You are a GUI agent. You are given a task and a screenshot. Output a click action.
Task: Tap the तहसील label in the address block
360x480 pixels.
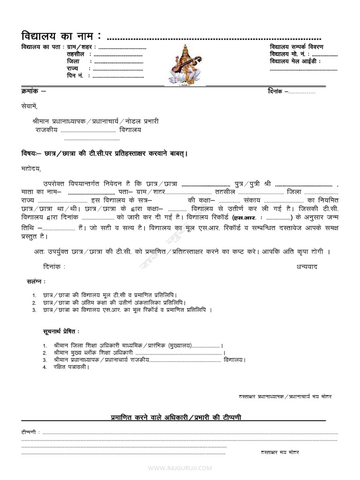coord(75,54)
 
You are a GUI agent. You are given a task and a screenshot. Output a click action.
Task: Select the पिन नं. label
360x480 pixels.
coord(75,75)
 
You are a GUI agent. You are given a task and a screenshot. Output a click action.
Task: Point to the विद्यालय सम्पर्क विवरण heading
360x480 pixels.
coord(296,47)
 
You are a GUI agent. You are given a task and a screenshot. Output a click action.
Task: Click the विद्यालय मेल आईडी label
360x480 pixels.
coord(295,61)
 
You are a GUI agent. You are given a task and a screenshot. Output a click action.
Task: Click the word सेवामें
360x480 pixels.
coord(29,106)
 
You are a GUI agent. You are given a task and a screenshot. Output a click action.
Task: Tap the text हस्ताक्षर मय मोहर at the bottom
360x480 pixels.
coord(280,452)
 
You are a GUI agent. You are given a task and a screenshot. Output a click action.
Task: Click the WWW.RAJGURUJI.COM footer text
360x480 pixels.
coord(180,468)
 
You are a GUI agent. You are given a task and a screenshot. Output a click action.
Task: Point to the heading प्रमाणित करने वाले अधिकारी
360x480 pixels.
coord(176,417)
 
